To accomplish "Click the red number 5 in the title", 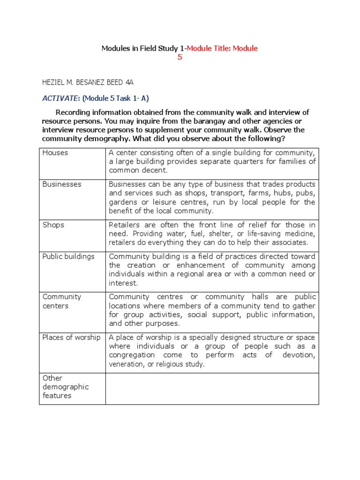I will click(x=180, y=57).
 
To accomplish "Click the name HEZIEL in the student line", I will click(x=54, y=82).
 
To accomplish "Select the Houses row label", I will click(x=55, y=153).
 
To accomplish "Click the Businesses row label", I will click(x=61, y=184).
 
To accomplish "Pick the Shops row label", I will click(x=53, y=225).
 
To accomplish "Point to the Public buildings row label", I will click(x=68, y=256).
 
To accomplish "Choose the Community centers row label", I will click(x=62, y=301).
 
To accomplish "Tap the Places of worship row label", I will click(x=71, y=337).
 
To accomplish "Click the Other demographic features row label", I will click(x=59, y=387).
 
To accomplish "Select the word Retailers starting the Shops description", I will click(x=125, y=225).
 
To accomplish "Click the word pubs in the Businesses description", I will click(x=307, y=193).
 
